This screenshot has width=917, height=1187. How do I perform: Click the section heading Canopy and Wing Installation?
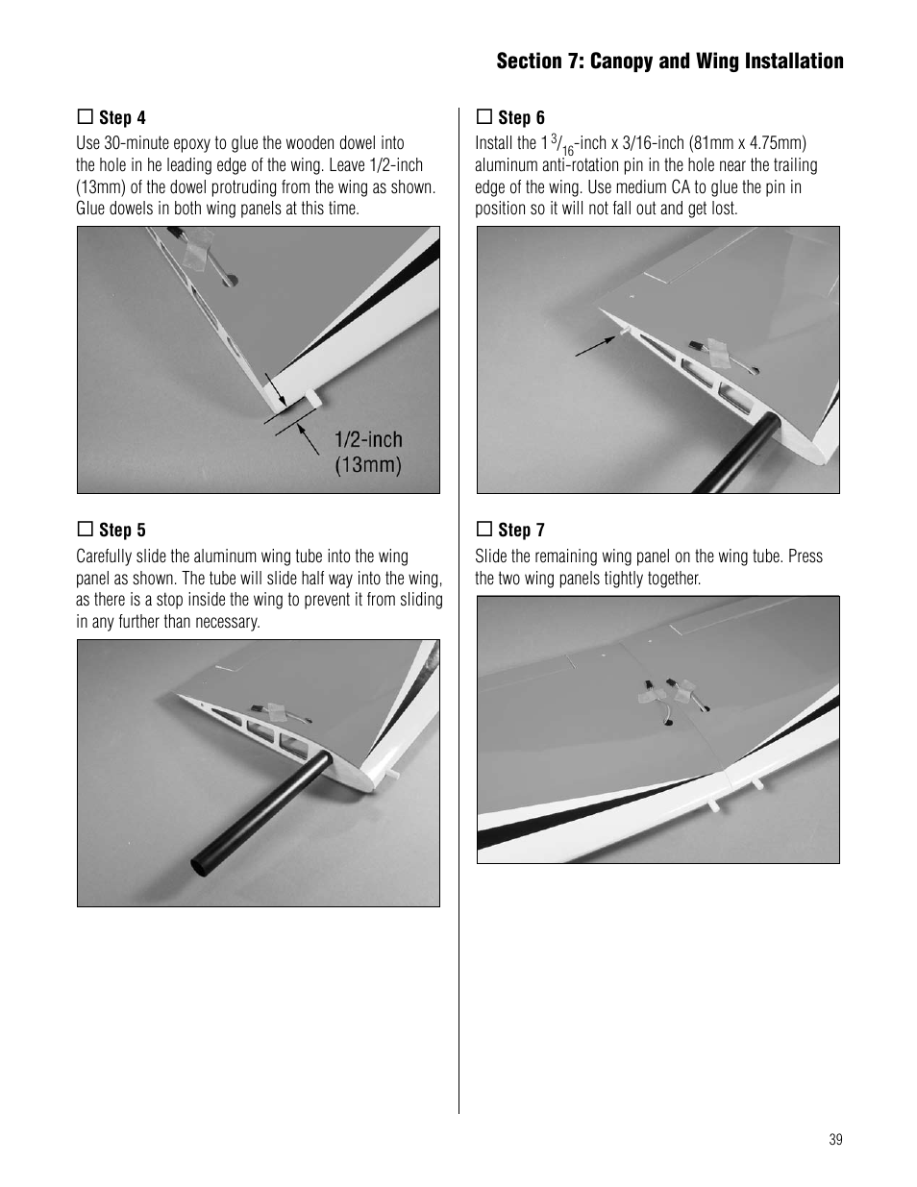point(669,62)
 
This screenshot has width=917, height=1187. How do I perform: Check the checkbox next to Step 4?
point(84,117)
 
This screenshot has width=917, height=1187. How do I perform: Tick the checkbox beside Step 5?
point(84,530)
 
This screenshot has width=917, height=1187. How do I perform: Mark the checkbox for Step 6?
point(483,117)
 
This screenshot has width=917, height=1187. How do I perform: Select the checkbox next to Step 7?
point(483,530)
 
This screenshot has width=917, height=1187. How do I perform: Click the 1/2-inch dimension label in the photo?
point(368,440)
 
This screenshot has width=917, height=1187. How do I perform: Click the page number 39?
point(834,1139)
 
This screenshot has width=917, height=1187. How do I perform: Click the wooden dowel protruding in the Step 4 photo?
point(314,396)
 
